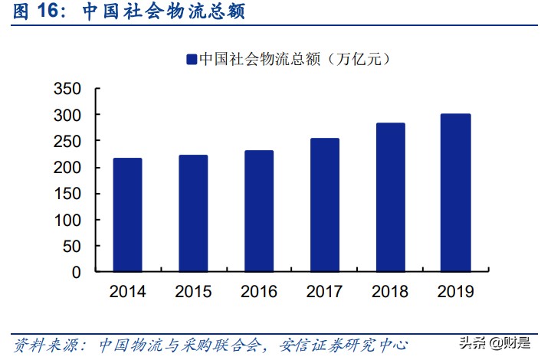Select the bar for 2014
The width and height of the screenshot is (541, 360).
click(x=127, y=215)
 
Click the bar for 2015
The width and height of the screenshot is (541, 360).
click(x=193, y=214)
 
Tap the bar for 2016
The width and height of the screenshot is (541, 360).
click(x=258, y=211)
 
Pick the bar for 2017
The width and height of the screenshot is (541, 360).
click(x=324, y=205)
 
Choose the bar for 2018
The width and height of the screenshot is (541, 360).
click(x=390, y=198)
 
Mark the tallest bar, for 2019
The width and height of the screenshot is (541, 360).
click(x=456, y=193)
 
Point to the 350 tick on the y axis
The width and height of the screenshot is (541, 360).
click(x=67, y=89)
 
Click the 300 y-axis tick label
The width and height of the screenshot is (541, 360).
click(x=67, y=115)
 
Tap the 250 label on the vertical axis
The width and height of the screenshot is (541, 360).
click(x=67, y=141)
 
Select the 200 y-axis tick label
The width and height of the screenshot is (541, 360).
click(x=67, y=168)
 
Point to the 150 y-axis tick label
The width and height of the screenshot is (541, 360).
click(x=67, y=194)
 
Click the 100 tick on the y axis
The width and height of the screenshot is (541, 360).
click(x=67, y=220)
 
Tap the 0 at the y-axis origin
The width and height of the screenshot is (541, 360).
click(x=76, y=272)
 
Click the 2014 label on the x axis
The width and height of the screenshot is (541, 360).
click(x=127, y=292)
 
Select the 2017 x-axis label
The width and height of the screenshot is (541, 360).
click(x=324, y=292)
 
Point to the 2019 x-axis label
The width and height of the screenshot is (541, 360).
click(x=456, y=292)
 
